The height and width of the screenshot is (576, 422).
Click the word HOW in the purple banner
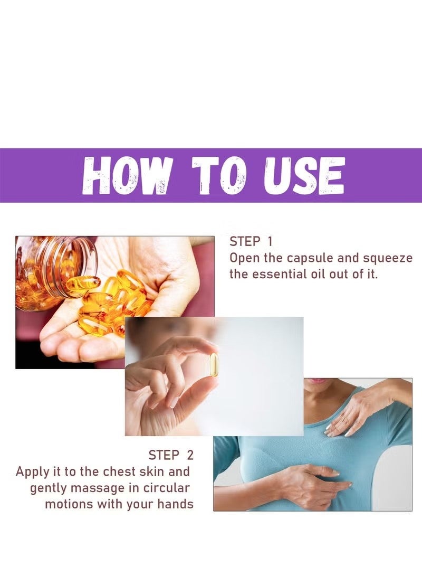point(127,175)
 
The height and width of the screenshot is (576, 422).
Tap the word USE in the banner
point(304,175)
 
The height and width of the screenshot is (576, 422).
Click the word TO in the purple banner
point(219,175)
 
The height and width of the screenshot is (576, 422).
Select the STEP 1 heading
point(251,242)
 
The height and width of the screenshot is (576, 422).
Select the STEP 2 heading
point(171,455)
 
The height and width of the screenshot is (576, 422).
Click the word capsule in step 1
point(310,258)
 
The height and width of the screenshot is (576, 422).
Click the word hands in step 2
point(175,504)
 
